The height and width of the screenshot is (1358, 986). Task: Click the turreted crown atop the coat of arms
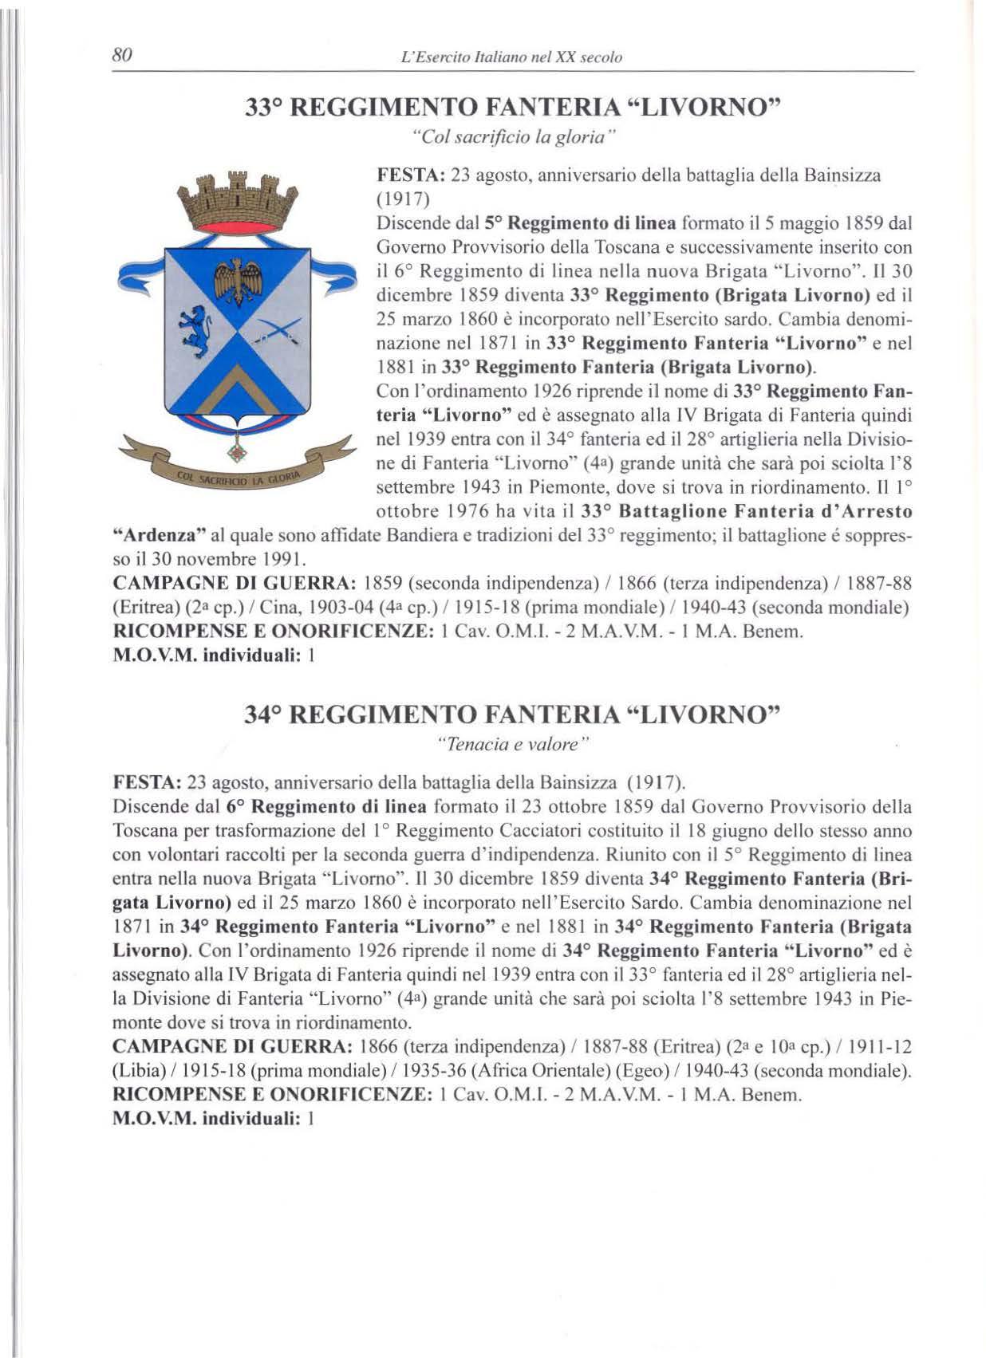[238, 200]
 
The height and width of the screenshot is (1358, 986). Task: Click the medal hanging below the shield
[236, 452]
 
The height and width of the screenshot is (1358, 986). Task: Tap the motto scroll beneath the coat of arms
[237, 478]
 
